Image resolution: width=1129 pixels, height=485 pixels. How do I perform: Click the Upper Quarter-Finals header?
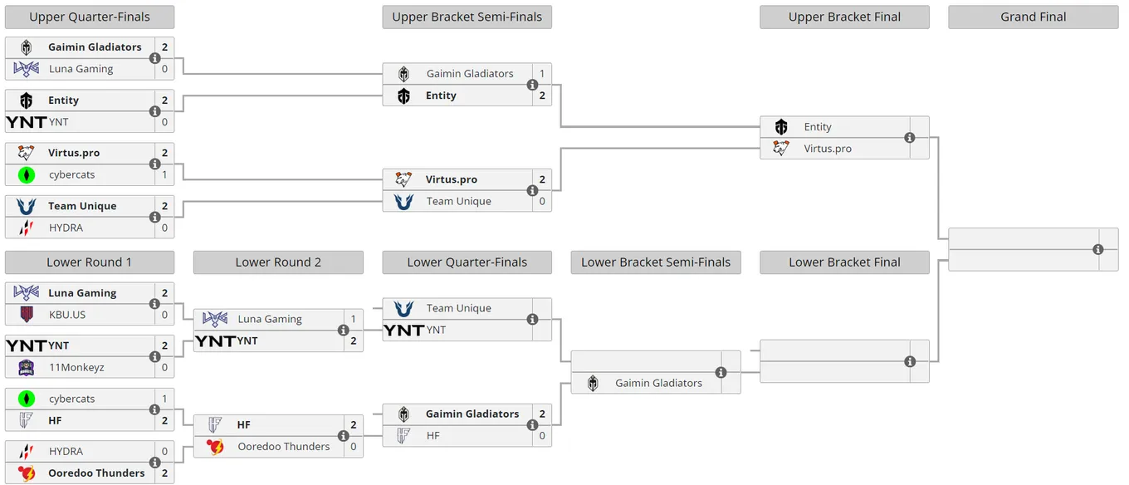(x=90, y=17)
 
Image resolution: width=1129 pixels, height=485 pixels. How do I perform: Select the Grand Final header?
(x=1034, y=17)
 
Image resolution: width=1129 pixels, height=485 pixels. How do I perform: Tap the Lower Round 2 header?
(x=278, y=262)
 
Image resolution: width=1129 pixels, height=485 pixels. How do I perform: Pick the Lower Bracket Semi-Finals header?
(x=656, y=262)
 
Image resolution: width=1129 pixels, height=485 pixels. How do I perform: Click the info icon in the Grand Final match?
(x=1098, y=249)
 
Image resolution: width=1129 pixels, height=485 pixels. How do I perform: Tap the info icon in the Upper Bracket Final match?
(x=910, y=138)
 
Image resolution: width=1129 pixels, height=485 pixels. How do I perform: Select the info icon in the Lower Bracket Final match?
(x=910, y=361)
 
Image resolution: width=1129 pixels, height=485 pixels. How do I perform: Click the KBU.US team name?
(x=67, y=315)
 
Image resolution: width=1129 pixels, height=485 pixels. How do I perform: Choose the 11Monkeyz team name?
(x=76, y=368)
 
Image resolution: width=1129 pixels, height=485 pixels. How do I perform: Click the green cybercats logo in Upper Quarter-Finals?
(x=27, y=175)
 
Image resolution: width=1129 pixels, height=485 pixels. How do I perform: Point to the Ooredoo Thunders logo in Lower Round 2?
(x=215, y=447)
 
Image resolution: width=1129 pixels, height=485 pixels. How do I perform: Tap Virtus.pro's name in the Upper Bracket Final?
(x=828, y=149)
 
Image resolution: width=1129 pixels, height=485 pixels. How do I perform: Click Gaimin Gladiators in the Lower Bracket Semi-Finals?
(x=658, y=383)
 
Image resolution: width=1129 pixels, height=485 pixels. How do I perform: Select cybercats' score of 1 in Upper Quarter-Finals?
(x=165, y=175)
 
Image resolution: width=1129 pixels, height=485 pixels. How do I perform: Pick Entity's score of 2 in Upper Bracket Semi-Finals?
(x=542, y=96)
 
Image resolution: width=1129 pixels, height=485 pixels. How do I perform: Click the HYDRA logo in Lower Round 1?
(x=27, y=452)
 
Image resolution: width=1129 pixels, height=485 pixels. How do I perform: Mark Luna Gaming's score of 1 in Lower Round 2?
(x=354, y=319)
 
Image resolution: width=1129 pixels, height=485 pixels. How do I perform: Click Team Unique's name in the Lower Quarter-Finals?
(x=458, y=308)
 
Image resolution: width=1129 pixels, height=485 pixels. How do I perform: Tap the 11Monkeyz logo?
(x=27, y=368)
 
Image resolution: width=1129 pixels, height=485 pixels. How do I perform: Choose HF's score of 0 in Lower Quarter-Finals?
(x=542, y=436)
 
